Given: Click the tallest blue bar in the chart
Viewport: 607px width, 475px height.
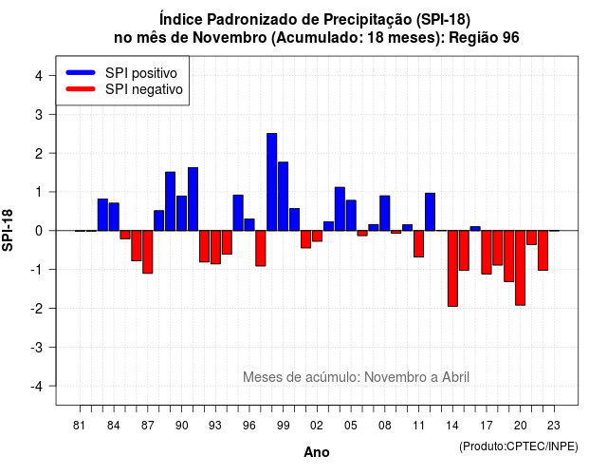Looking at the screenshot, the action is (272, 181).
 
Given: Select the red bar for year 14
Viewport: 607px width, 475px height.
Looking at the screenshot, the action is (452, 268).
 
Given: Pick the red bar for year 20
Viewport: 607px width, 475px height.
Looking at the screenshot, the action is (521, 268).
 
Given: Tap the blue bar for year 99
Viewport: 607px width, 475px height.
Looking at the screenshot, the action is (283, 197).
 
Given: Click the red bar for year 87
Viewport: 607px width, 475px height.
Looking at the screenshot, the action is (148, 252).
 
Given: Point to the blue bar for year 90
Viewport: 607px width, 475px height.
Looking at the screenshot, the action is (181, 213).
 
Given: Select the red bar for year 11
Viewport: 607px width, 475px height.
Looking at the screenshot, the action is (418, 244).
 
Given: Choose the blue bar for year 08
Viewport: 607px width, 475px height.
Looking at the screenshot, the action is (385, 213).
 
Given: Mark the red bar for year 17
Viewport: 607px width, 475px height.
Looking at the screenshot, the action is (487, 253).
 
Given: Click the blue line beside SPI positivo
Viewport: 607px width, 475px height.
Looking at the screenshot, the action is (81, 72).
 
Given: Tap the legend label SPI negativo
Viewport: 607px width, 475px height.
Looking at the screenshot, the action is (144, 89).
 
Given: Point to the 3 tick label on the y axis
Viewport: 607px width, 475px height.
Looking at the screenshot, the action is (39, 114).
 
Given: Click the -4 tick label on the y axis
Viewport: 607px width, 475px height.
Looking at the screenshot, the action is (37, 387).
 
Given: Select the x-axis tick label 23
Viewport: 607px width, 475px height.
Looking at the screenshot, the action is (554, 426).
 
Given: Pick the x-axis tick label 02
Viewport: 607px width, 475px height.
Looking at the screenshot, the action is (317, 426).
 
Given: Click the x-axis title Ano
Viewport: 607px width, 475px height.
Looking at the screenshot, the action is (317, 452).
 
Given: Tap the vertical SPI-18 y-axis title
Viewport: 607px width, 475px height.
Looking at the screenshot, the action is (8, 230).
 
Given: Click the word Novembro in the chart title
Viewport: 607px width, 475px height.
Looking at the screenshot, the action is (230, 38).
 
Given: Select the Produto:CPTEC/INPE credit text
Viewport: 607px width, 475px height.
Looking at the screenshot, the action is (519, 446).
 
